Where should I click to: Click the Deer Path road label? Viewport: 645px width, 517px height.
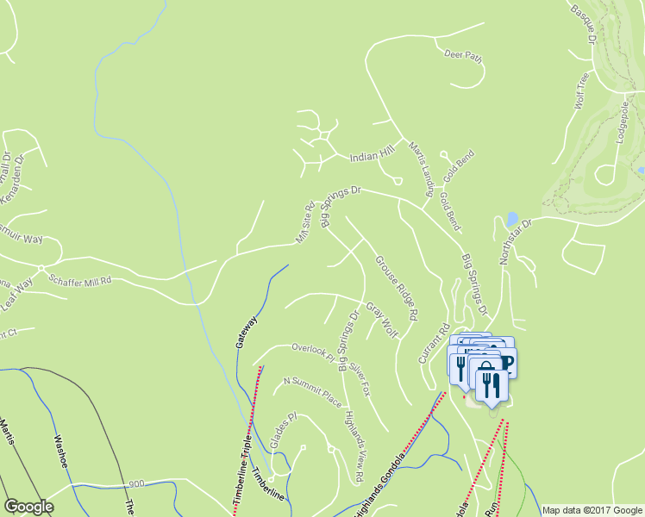463,56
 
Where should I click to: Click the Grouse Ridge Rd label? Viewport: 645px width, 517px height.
396,289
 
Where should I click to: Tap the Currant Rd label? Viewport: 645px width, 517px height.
433,343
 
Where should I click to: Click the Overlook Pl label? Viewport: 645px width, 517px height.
312,352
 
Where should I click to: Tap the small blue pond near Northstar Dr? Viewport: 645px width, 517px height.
512,219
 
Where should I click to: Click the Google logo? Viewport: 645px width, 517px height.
28,507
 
